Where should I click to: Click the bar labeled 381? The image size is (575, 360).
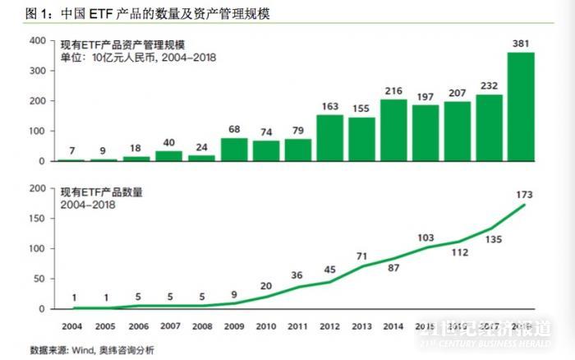[522, 107]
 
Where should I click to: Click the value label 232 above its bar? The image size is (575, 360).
[490, 84]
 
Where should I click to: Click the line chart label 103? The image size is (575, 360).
[425, 238]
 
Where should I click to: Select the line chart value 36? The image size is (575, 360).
[298, 275]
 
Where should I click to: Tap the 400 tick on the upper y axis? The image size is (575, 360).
[37, 41]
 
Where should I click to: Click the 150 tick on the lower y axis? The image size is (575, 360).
[37, 219]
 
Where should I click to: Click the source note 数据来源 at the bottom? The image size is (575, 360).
[91, 350]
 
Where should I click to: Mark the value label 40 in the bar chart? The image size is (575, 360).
[170, 141]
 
